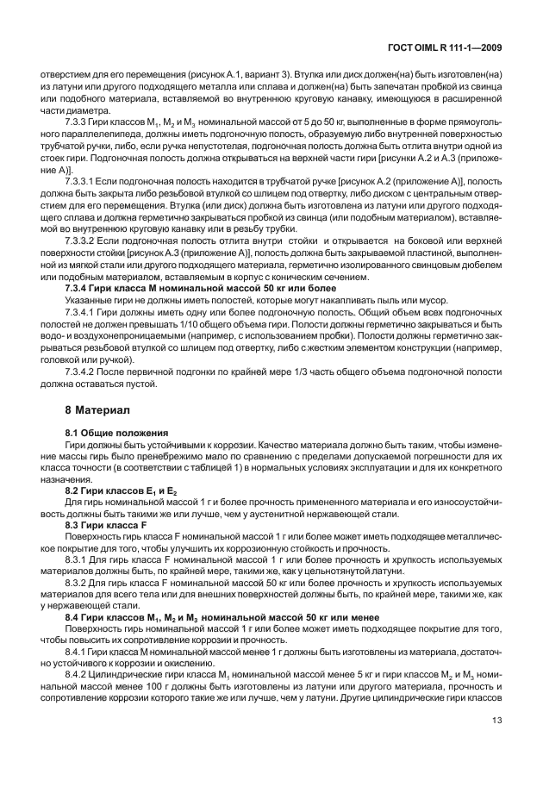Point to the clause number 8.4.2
click(79, 697)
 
